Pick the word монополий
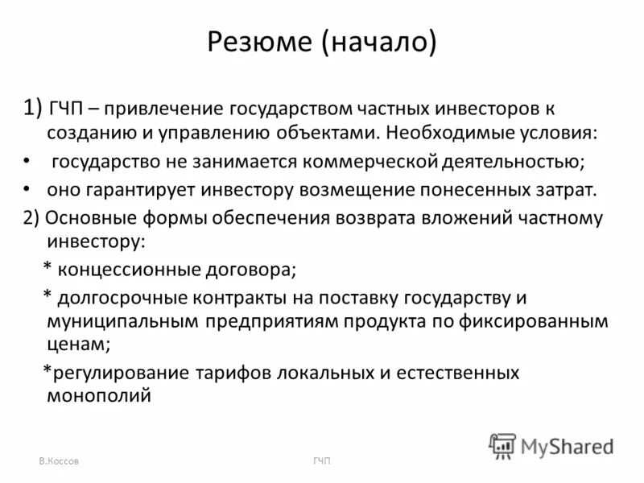click(99, 396)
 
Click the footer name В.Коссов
click(59, 460)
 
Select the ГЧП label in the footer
click(322, 460)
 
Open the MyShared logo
click(551, 445)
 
